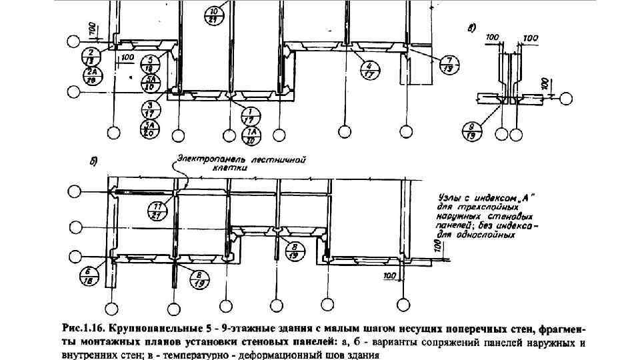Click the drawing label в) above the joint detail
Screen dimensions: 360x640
tap(471, 27)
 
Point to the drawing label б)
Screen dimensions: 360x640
tap(94, 161)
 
